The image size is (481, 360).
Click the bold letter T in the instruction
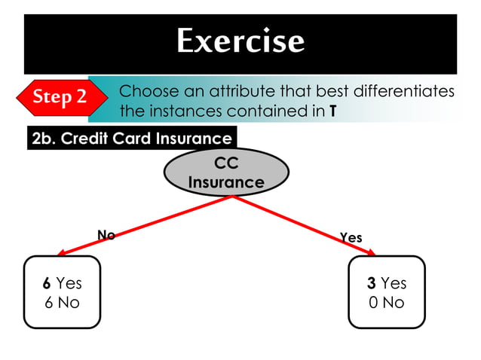(332, 112)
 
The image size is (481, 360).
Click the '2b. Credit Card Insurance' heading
(132, 139)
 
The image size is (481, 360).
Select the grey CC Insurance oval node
(226, 173)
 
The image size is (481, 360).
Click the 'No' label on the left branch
(106, 235)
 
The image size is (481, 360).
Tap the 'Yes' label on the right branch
(351, 238)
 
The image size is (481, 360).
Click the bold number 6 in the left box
(47, 284)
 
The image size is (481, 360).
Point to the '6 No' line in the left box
(62, 303)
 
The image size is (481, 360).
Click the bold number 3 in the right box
(372, 284)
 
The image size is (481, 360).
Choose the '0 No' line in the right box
(387, 303)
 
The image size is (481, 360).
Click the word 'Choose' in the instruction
(145, 92)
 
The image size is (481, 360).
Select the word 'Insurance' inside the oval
(226, 183)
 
